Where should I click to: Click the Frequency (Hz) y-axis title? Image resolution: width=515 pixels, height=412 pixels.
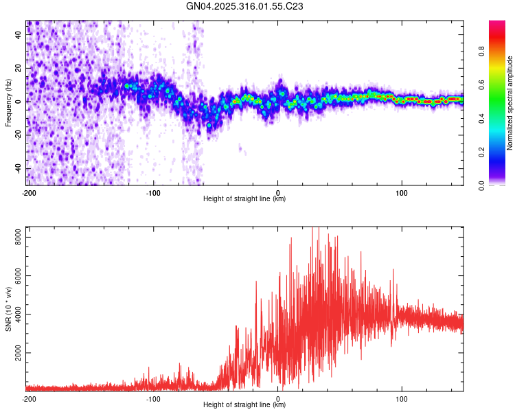click(8, 103)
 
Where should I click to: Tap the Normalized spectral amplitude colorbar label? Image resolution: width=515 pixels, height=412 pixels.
click(510, 104)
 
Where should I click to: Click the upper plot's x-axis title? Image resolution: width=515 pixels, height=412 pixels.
click(244, 199)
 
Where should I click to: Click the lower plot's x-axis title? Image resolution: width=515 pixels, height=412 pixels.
click(244, 404)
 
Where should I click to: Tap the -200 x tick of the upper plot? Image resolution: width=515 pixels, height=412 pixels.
click(29, 192)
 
